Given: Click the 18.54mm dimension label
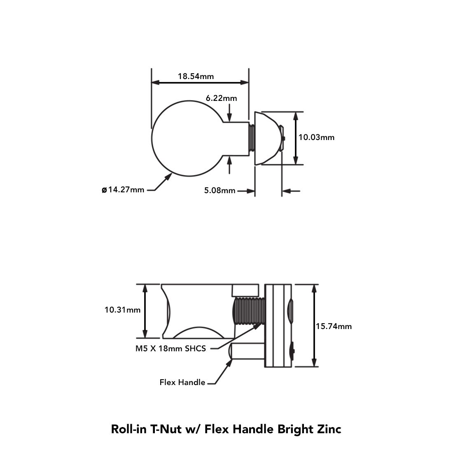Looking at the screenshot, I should coord(196,76).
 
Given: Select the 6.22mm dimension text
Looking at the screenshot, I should coord(221,98).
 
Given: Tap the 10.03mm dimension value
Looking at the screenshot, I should coord(316,137).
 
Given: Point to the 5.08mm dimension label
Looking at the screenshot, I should coord(219,190).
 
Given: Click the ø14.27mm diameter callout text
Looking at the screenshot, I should coord(123,190).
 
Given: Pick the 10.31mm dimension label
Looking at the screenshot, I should coord(122,310).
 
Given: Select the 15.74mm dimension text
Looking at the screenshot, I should coord(334,326).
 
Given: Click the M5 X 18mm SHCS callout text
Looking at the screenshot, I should coord(170,348).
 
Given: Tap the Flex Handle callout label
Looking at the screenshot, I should coord(182,382).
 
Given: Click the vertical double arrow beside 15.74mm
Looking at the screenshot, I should coord(314,325).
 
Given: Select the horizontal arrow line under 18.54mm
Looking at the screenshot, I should coord(200,82).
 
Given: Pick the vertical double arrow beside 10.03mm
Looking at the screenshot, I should coord(295,138).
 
